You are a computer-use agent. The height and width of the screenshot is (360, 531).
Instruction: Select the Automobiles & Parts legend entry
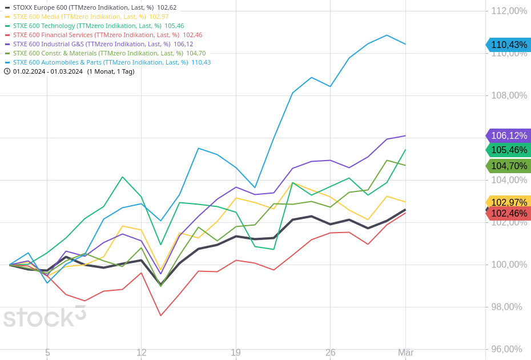tap(111, 62)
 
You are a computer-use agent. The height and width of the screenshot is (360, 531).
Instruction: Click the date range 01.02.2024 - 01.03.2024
tap(48, 71)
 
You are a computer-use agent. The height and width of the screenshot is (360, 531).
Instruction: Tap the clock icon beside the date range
tap(7, 71)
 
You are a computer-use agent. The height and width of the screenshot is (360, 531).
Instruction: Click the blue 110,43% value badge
tap(509, 45)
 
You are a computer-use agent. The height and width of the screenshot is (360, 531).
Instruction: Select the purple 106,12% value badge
tap(509, 135)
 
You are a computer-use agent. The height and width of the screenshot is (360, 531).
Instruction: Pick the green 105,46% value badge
tap(509, 150)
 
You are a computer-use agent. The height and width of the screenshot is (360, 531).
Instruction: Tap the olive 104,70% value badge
tap(509, 166)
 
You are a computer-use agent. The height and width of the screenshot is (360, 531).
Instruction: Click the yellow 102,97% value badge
tap(509, 202)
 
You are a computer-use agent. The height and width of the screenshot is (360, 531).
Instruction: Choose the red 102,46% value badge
tap(509, 213)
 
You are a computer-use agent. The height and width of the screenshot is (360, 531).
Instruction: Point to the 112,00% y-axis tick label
tap(509, 11)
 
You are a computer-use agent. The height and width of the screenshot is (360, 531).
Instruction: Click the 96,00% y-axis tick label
tap(506, 349)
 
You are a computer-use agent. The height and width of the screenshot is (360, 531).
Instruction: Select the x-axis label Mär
tap(405, 353)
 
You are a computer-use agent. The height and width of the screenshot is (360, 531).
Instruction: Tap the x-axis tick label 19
tap(236, 353)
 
